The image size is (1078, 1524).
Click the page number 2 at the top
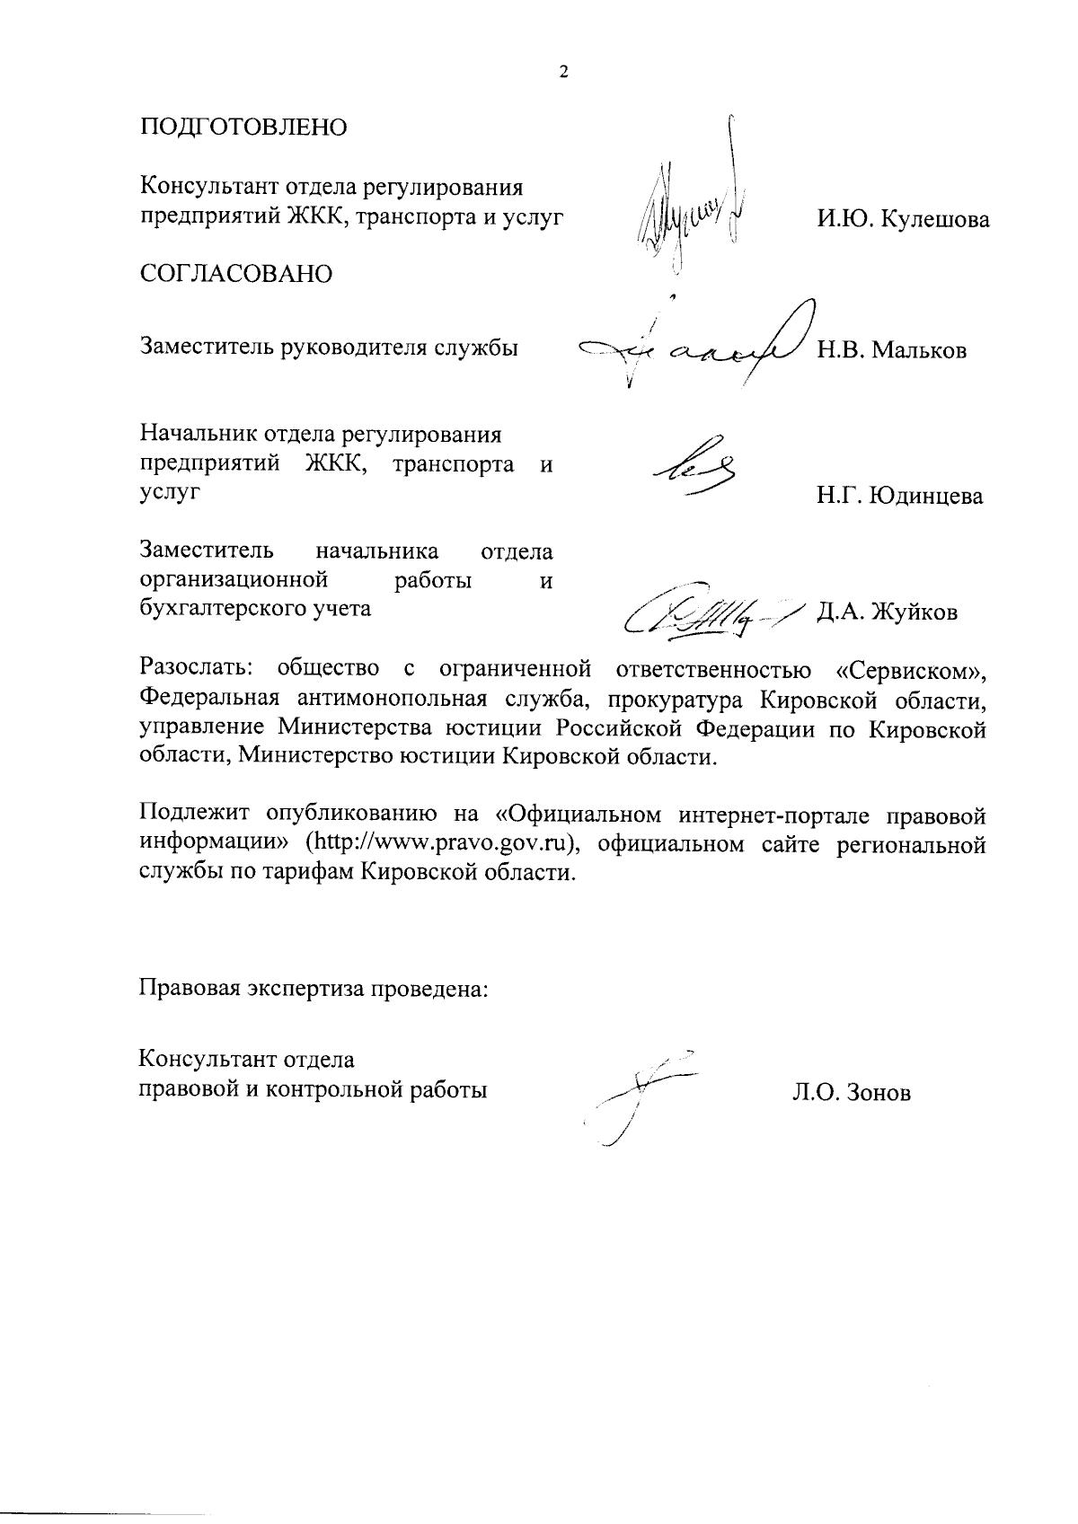(563, 74)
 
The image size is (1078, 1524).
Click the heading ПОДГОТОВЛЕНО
(243, 127)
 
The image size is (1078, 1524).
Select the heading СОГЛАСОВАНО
(235, 274)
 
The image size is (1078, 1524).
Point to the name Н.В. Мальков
(891, 350)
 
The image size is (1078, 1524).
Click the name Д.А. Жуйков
(887, 613)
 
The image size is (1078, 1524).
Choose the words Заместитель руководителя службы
(329, 348)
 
